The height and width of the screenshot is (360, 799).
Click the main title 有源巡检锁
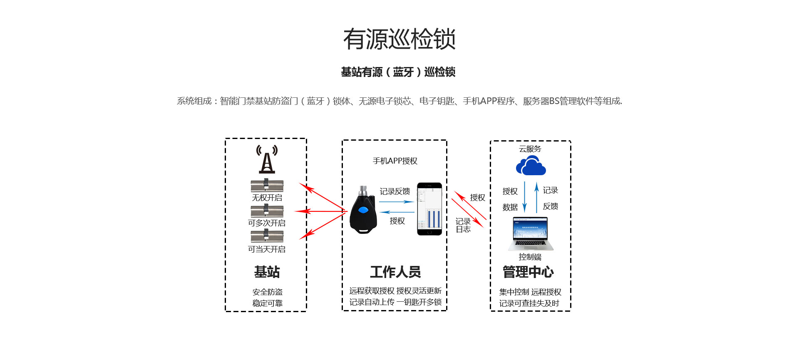(x=399, y=39)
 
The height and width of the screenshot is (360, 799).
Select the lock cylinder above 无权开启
(x=267, y=185)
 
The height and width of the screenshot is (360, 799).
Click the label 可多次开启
(x=267, y=223)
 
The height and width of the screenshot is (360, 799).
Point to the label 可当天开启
(x=267, y=249)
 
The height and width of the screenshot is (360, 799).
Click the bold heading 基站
(x=267, y=272)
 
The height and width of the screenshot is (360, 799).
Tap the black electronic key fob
(x=363, y=210)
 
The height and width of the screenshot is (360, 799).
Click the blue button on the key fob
(x=363, y=210)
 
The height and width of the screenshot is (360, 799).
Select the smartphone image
(x=429, y=209)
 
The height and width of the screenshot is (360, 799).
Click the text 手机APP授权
(x=395, y=161)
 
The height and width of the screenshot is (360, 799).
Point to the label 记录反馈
(x=395, y=191)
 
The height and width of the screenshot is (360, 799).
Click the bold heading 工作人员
(x=395, y=272)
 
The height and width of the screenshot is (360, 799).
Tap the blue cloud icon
(x=531, y=166)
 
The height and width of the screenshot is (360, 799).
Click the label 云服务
(x=530, y=149)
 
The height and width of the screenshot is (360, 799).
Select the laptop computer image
(x=531, y=233)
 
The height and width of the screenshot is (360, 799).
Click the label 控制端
(x=530, y=257)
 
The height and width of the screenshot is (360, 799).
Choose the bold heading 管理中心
(x=528, y=272)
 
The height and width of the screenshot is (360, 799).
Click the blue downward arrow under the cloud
(x=524, y=197)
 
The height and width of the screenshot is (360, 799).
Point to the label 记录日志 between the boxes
(x=463, y=225)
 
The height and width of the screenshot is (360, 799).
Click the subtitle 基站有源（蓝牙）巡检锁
(x=398, y=72)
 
